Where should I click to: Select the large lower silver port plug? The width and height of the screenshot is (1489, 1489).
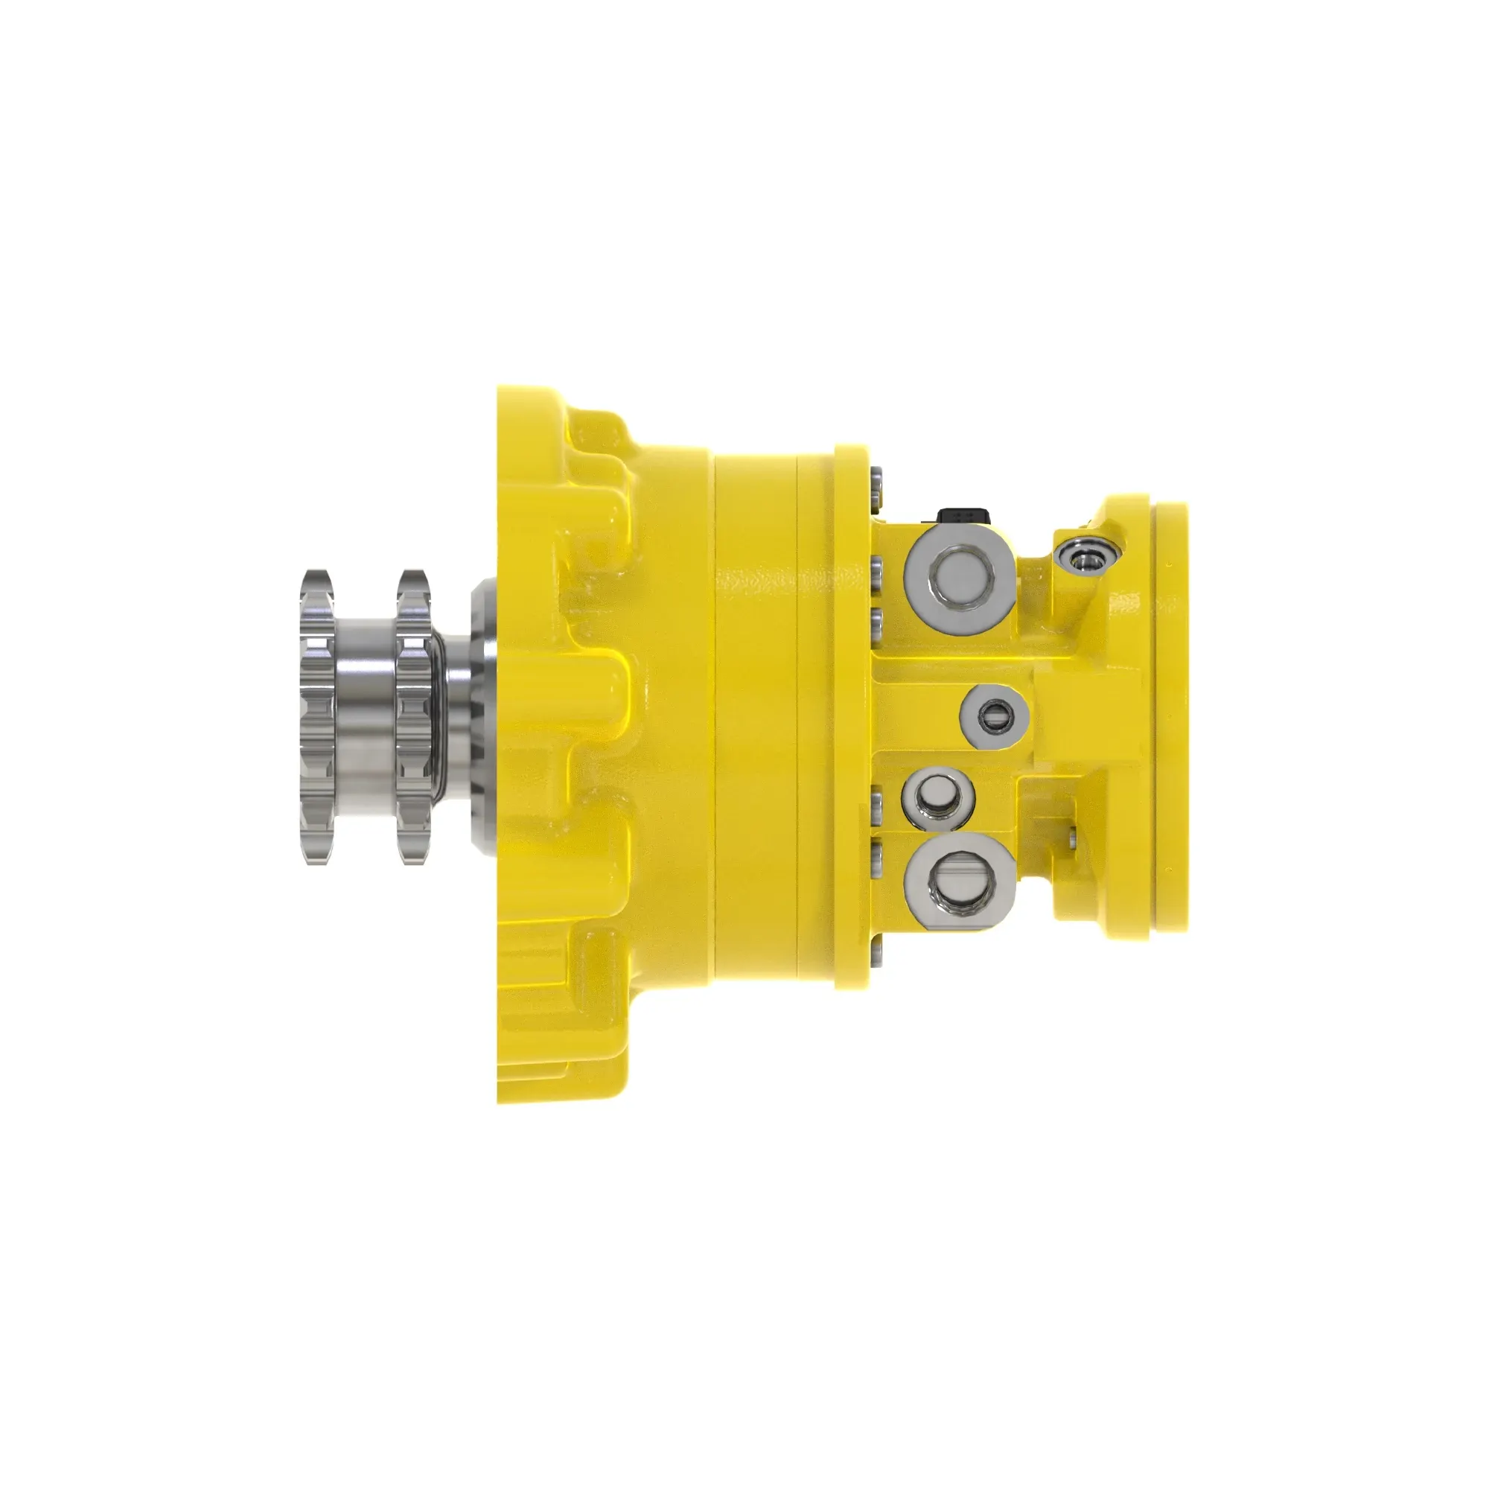(x=960, y=880)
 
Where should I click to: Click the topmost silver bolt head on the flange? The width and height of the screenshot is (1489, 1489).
(x=876, y=482)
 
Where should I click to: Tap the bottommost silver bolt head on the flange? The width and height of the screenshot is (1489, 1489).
(x=875, y=954)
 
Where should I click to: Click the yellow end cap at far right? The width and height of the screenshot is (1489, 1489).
(x=1170, y=717)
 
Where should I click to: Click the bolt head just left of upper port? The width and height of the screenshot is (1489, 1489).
(x=876, y=570)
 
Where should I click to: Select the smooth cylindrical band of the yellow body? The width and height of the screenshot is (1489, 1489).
(x=755, y=717)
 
